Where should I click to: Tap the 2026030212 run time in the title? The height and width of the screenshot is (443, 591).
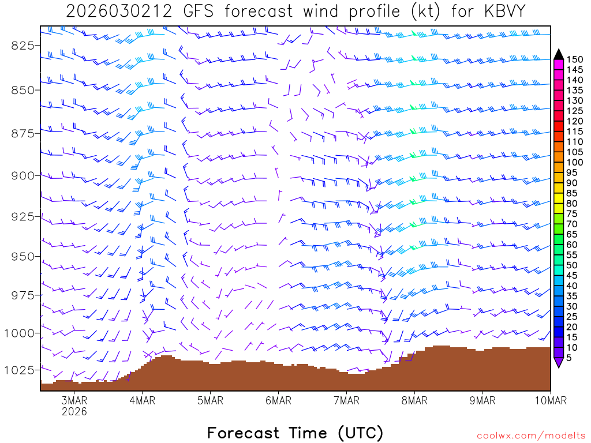coord(118,12)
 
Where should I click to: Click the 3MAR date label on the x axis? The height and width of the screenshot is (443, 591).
coord(74,401)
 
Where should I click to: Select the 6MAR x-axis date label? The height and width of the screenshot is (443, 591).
coord(278,401)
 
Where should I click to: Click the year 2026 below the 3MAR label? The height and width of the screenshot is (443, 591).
coord(74,412)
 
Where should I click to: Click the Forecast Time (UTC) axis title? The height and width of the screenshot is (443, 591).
coord(295,433)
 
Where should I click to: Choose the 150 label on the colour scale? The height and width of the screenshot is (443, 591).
coord(575,59)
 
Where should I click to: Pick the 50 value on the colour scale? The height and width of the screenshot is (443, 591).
coord(573,265)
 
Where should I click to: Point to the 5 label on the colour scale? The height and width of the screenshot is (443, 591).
coord(570,358)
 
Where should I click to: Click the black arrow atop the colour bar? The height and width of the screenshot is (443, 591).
coord(559,54)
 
